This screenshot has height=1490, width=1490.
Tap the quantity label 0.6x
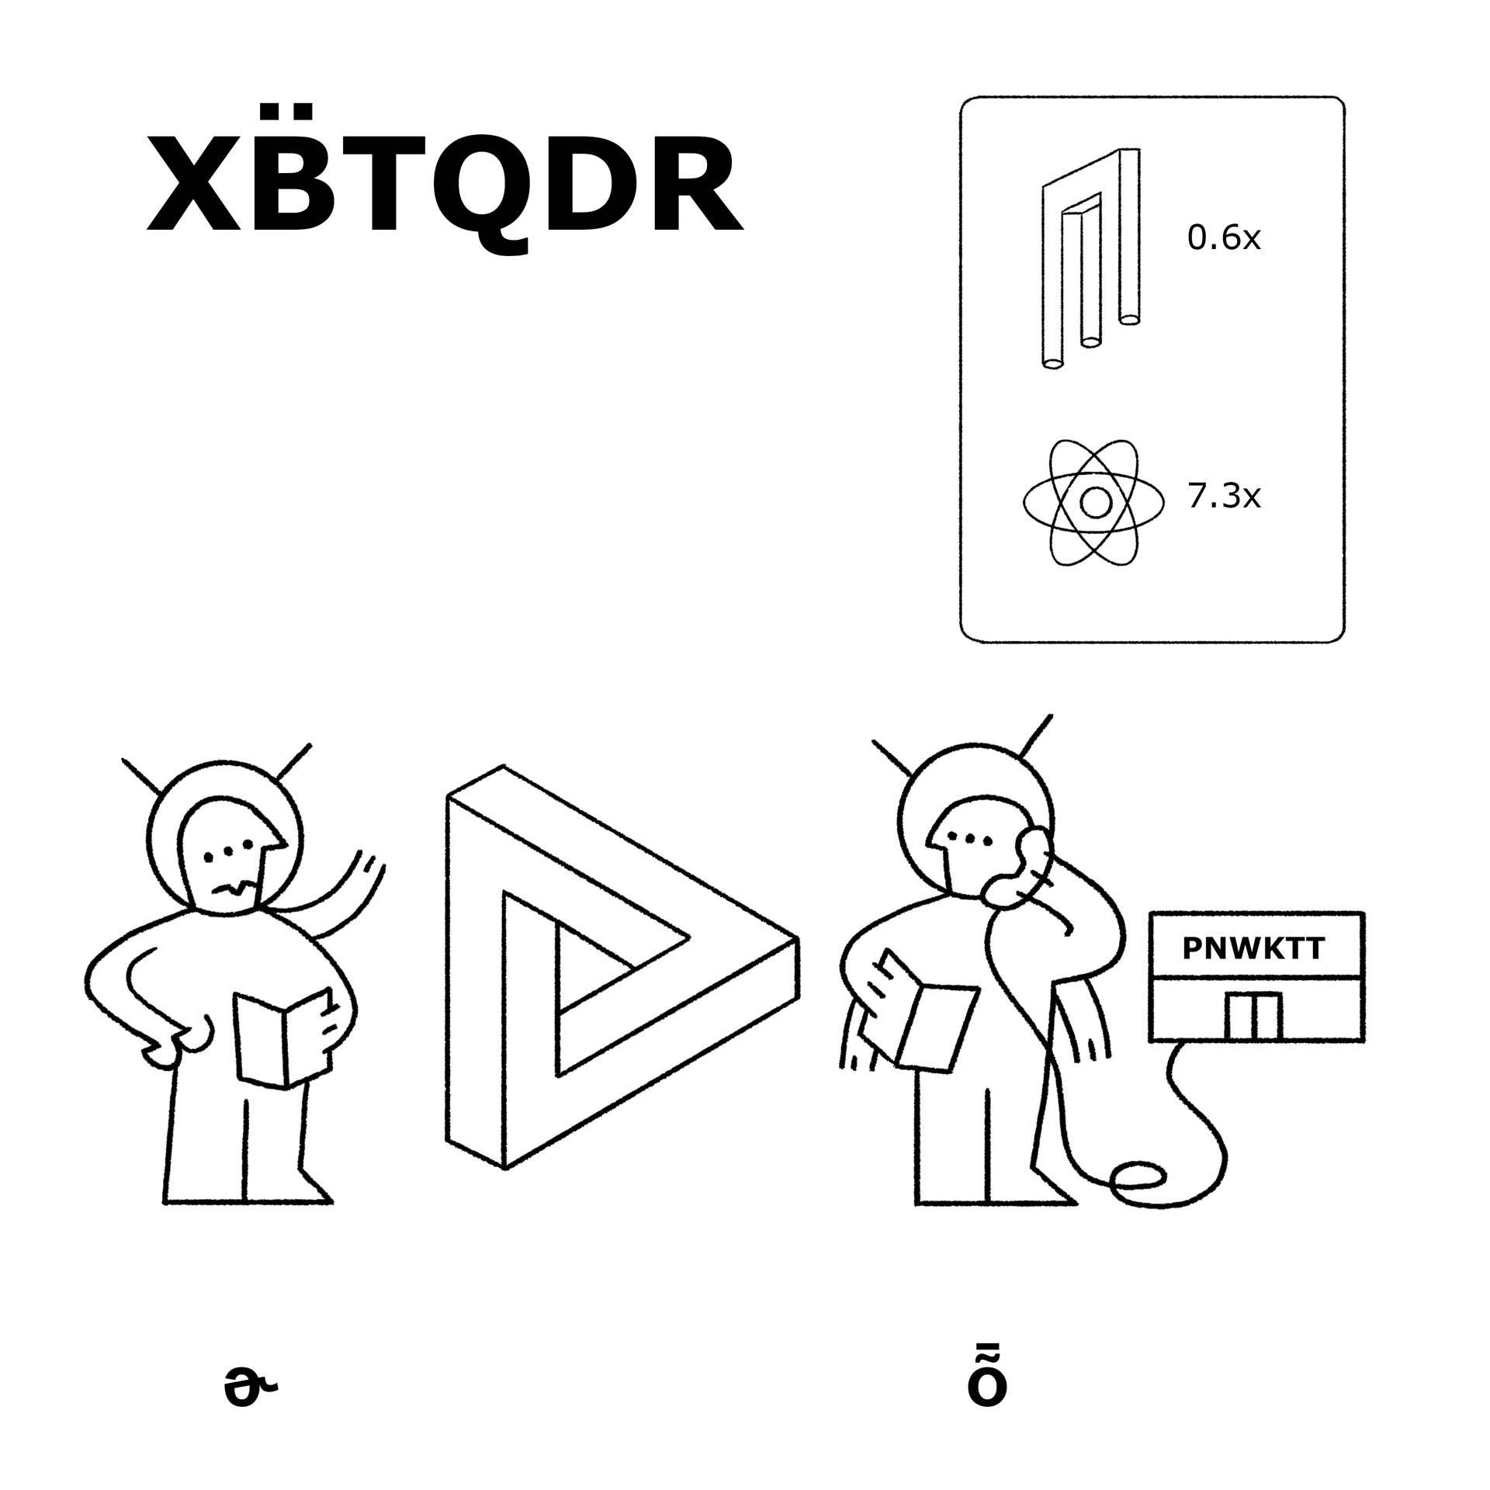click(1224, 238)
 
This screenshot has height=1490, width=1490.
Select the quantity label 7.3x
click(1224, 497)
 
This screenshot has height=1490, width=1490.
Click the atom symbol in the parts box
click(1094, 503)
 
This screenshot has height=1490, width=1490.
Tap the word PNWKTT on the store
click(1253, 949)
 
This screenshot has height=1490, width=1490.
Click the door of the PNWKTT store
click(1253, 1016)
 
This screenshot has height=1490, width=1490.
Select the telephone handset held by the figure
click(1017, 869)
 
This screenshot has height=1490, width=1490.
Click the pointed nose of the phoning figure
click(934, 838)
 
